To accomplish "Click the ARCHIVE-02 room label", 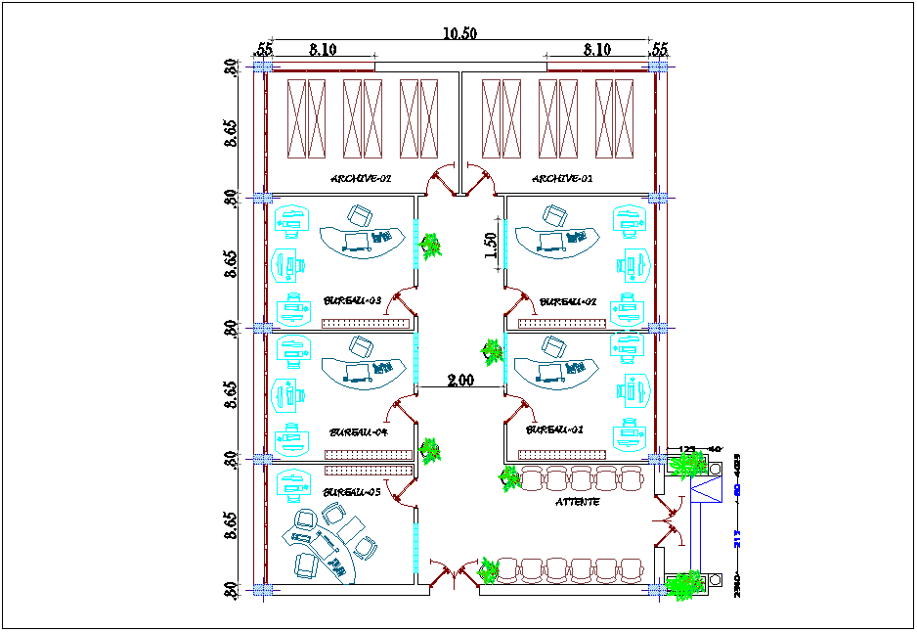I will [x=361, y=179].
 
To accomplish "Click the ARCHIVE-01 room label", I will [x=562, y=179].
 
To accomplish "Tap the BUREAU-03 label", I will [x=351, y=301].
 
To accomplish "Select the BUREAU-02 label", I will [x=568, y=302].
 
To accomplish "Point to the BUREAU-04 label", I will [x=359, y=431].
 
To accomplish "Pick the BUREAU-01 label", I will [x=554, y=429].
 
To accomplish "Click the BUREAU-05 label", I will [x=352, y=492].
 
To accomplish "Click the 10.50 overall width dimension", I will [x=459, y=33].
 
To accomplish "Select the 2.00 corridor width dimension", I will [x=460, y=381].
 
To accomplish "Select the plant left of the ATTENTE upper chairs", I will [x=508, y=478].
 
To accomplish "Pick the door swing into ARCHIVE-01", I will [x=482, y=179].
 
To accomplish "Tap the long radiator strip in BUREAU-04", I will [x=367, y=454].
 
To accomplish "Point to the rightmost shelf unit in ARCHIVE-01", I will [x=615, y=118].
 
